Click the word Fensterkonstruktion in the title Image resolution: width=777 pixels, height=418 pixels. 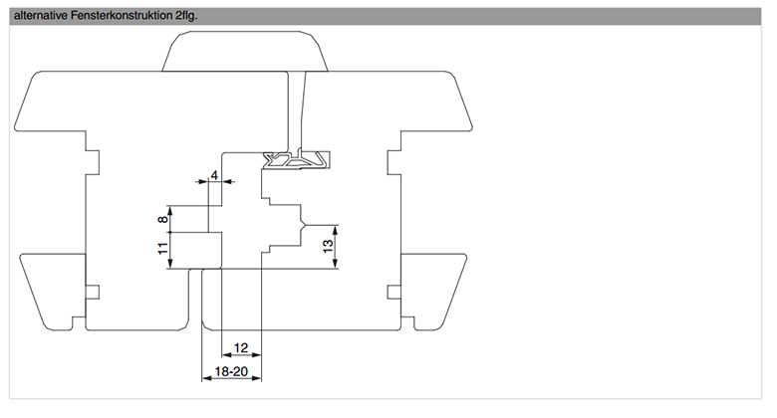point(122,16)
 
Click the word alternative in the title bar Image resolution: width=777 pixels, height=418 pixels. point(41,16)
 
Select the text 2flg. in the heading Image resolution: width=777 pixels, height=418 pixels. point(186,16)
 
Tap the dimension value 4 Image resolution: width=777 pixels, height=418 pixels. point(214,175)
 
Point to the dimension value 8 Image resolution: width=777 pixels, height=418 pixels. point(162,218)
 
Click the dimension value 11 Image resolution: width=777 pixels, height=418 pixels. point(162,248)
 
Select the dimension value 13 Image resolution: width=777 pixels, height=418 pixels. point(328,246)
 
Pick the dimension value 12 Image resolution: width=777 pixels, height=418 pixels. point(241,347)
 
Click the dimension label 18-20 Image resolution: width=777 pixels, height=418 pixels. point(231,371)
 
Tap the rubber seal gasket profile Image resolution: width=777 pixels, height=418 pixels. point(296,160)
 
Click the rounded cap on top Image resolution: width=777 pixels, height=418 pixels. point(245,51)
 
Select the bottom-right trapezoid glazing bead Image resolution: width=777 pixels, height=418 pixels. point(433,292)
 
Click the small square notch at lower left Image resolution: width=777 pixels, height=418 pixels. point(93,293)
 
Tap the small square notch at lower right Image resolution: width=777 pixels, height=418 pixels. point(393,293)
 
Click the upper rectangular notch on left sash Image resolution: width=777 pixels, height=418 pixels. point(93,162)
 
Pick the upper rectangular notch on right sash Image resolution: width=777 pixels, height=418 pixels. point(393,162)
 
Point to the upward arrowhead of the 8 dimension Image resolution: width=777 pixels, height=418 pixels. point(169,210)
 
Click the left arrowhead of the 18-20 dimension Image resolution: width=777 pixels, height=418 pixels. point(206,378)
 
